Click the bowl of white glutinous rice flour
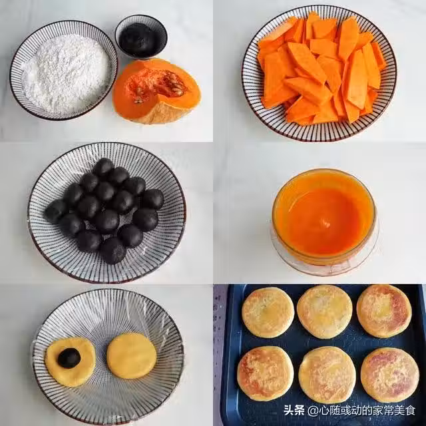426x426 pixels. [64, 71]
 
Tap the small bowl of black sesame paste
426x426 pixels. [141, 37]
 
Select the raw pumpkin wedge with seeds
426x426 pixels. [156, 91]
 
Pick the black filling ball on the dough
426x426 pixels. [69, 358]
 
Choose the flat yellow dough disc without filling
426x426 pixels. [132, 356]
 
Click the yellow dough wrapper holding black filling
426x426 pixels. [71, 362]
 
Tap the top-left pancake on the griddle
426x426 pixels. [268, 312]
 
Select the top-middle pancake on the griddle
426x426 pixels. [324, 312]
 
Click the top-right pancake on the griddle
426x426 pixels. [384, 311]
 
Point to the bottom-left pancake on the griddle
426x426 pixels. [266, 373]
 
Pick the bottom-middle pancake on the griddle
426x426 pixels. [327, 375]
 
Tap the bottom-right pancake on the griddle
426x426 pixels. [390, 375]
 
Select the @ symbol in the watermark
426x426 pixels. [313, 411]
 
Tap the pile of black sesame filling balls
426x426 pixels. [104, 211]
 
